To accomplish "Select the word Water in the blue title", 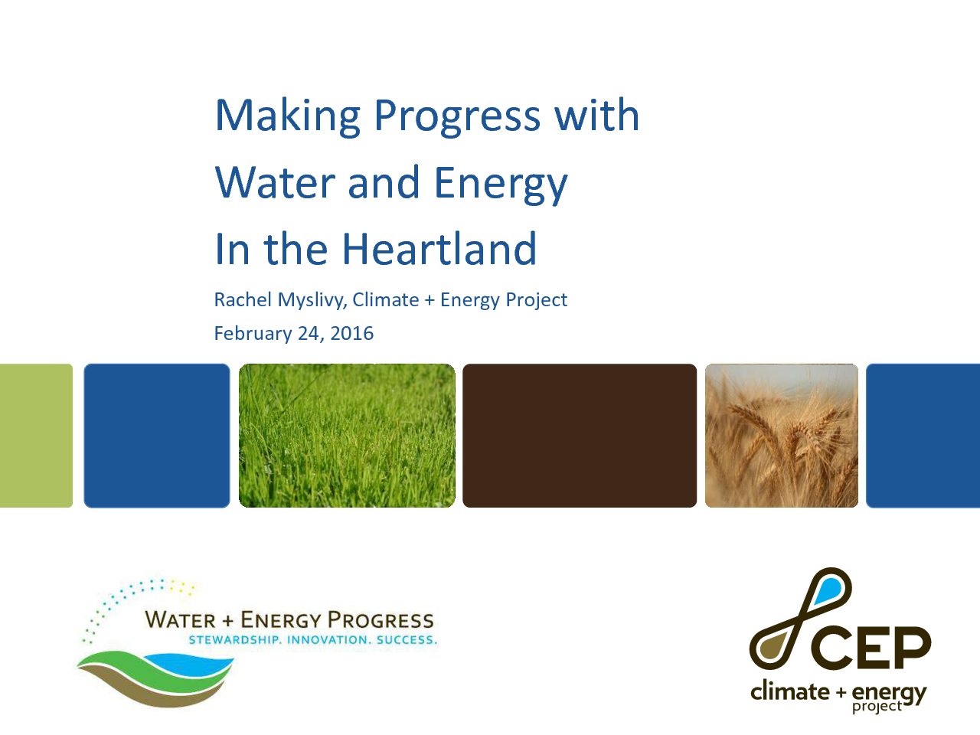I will tap(275, 183).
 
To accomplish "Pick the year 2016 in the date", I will tap(351, 333).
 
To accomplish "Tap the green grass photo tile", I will tap(347, 435).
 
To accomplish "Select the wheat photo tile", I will tap(781, 435).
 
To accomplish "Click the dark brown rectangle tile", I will tap(580, 435).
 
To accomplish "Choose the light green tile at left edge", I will tap(35, 435).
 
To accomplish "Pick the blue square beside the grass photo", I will tap(157, 435).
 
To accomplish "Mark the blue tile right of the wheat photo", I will tap(923, 435).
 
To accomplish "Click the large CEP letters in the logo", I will tap(871, 647).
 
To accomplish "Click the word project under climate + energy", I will tap(877, 707).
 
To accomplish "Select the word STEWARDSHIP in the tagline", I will tap(234, 640).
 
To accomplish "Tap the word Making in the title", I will tap(287, 116).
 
